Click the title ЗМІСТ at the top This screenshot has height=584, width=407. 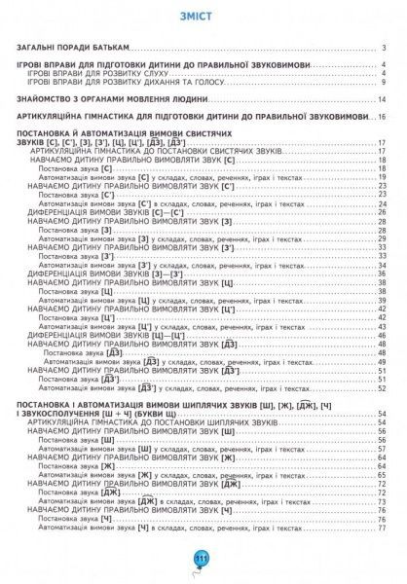coord(203,18)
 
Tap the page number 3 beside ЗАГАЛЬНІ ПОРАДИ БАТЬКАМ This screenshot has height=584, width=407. coord(387,49)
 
